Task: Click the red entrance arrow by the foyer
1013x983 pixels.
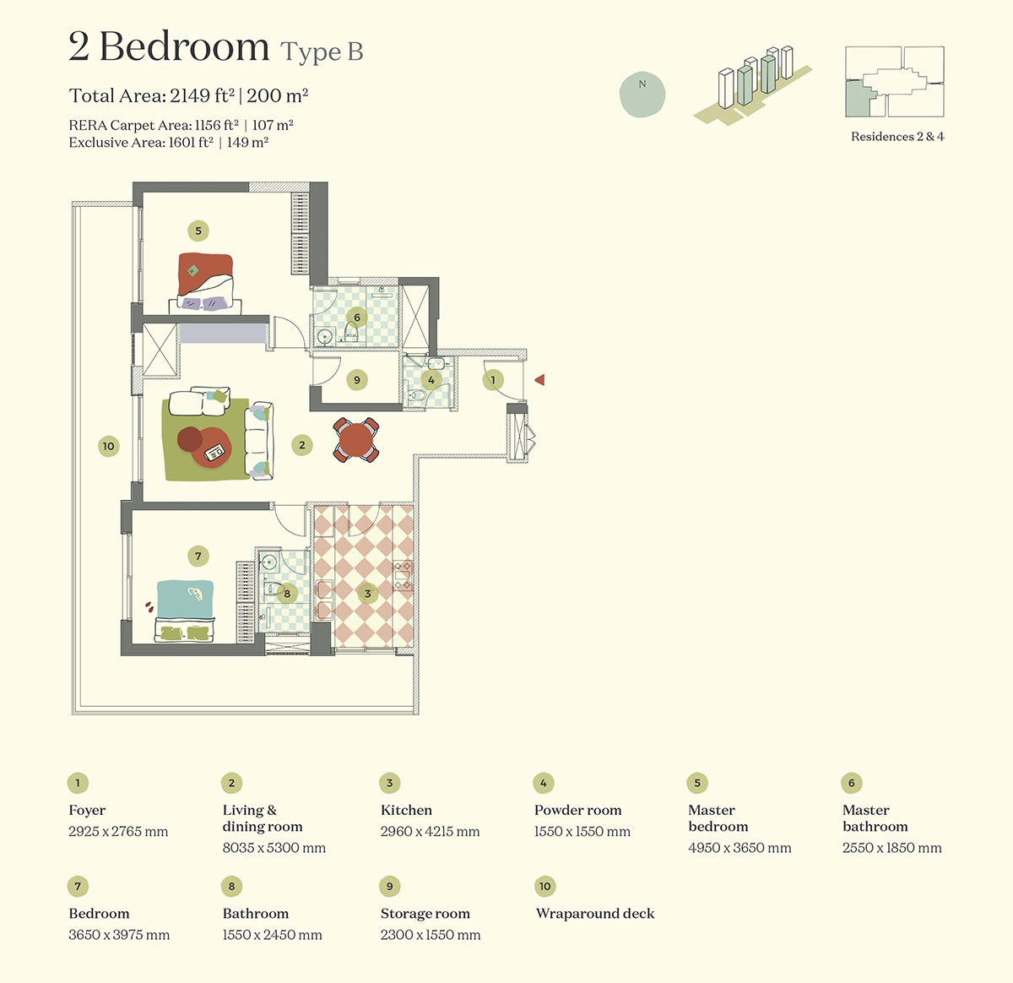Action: click(x=539, y=379)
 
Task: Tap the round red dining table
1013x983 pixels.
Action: click(x=356, y=440)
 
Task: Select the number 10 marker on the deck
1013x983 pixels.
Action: click(x=108, y=446)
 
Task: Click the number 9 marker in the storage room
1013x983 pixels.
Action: click(x=356, y=379)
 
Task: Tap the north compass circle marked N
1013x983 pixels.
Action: click(x=642, y=95)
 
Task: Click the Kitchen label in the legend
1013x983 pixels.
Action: click(x=406, y=810)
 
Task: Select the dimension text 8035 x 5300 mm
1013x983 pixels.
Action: click(x=274, y=848)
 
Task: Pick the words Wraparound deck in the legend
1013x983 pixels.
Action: click(x=595, y=913)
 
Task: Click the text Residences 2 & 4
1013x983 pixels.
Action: click(x=897, y=137)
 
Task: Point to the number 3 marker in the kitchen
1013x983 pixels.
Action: click(x=367, y=594)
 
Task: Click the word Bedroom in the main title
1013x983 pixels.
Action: click(x=184, y=46)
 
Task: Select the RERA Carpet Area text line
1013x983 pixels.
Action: click(x=181, y=125)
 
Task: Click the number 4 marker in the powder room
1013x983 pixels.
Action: click(x=431, y=380)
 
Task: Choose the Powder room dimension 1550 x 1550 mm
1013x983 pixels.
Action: click(x=582, y=831)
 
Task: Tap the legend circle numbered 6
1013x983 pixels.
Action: click(x=851, y=783)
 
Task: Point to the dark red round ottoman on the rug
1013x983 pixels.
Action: click(x=189, y=439)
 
